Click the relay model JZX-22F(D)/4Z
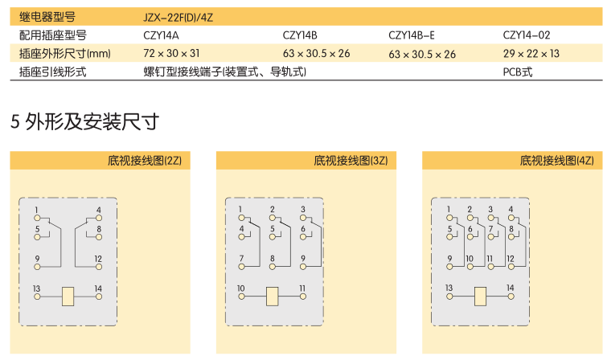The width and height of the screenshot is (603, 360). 178,18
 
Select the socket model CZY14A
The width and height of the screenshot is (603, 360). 161,35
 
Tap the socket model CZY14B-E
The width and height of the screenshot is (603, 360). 412,35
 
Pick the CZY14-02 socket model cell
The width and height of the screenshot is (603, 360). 527,35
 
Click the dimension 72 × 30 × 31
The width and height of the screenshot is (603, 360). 171,53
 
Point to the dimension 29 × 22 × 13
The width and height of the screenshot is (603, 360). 531,53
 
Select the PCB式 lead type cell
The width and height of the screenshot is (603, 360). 518,72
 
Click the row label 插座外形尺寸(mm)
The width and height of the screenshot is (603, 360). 65,53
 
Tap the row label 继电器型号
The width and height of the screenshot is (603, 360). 47,17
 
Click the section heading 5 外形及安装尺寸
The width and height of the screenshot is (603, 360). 84,122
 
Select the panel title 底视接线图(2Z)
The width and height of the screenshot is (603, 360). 145,161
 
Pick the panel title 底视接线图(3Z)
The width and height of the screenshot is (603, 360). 351,161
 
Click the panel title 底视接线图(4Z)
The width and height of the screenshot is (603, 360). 557,161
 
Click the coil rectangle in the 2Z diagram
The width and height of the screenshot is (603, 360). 68,297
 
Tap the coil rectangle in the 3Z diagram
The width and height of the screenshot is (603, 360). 273,297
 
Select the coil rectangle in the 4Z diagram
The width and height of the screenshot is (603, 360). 480,297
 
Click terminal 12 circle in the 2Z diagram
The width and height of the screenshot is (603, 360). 99,267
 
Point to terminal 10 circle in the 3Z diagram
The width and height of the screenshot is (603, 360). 241,297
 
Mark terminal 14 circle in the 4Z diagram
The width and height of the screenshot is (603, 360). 511,297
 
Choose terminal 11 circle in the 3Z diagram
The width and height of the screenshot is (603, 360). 303,297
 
